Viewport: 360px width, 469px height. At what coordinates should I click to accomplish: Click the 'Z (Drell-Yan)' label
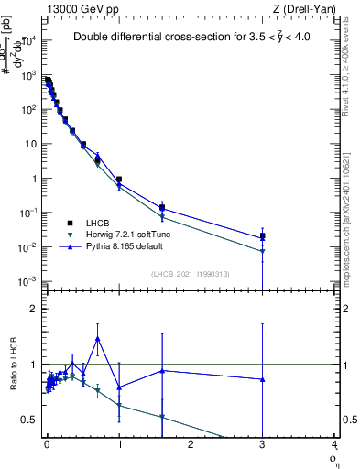coord(307,8)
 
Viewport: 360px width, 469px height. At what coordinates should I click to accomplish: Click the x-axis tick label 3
coord(262,445)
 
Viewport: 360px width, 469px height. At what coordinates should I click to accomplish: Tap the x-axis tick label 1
coord(119,445)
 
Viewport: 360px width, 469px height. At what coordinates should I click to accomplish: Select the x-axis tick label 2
coord(191,445)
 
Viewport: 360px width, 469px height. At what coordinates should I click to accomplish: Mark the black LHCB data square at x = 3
coord(262,236)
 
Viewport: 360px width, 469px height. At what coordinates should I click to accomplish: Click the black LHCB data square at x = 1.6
coord(162,208)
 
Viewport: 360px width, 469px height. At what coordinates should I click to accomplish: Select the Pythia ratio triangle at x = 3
coord(262,379)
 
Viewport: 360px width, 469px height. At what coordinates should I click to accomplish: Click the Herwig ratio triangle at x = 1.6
coord(162,418)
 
